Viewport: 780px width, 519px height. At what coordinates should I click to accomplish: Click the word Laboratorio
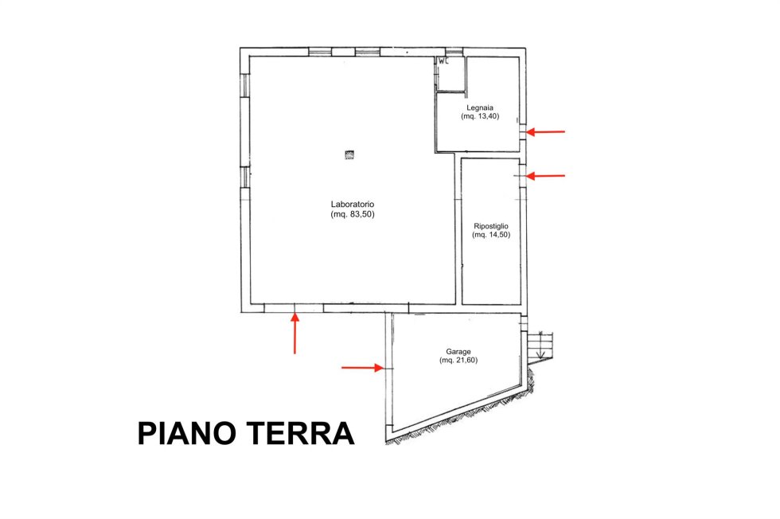pyautogui.click(x=352, y=204)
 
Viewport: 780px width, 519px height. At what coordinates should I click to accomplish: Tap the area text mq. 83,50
pyautogui.click(x=352, y=214)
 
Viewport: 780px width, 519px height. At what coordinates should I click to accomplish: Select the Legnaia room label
pyautogui.click(x=479, y=107)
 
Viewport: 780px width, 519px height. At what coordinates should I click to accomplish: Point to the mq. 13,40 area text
pyautogui.click(x=480, y=116)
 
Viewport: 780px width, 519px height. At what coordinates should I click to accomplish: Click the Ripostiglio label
pyautogui.click(x=491, y=226)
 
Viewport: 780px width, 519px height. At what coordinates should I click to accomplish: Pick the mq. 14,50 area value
pyautogui.click(x=491, y=235)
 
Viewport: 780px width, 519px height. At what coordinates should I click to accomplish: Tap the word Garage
pyautogui.click(x=458, y=351)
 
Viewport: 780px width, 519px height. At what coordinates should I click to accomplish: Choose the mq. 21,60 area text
pyautogui.click(x=458, y=361)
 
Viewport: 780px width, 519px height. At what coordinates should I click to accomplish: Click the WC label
pyautogui.click(x=443, y=62)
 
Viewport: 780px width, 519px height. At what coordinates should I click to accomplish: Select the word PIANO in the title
pyautogui.click(x=186, y=433)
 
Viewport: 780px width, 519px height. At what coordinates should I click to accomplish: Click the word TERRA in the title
pyautogui.click(x=301, y=433)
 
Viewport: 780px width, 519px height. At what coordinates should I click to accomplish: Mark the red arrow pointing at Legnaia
pyautogui.click(x=546, y=132)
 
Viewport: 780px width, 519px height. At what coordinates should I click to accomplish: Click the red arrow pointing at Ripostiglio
pyautogui.click(x=546, y=176)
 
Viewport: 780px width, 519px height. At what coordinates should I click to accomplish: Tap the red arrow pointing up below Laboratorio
pyautogui.click(x=295, y=333)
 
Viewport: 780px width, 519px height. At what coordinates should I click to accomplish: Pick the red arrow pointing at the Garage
pyautogui.click(x=363, y=368)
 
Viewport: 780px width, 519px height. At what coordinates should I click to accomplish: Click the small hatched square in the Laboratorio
pyautogui.click(x=349, y=154)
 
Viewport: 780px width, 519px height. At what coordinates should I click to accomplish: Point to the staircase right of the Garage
pyautogui.click(x=540, y=345)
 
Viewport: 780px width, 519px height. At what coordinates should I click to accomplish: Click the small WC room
pyautogui.click(x=450, y=74)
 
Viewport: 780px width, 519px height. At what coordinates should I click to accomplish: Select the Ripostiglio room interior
pyautogui.click(x=490, y=231)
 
